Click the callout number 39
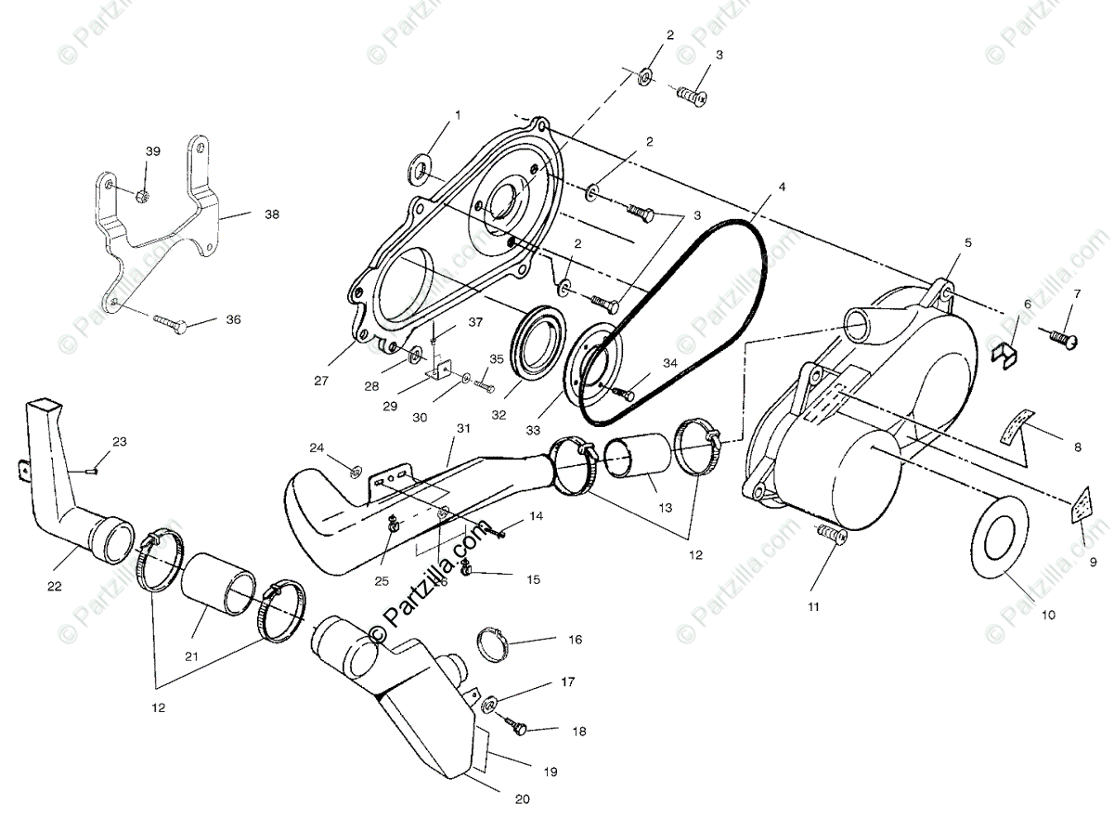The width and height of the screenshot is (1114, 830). tap(153, 150)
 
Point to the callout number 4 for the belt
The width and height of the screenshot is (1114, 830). tap(782, 187)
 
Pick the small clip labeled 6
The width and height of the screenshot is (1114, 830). tap(1007, 354)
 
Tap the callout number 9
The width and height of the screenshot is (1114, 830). tap(1093, 562)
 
